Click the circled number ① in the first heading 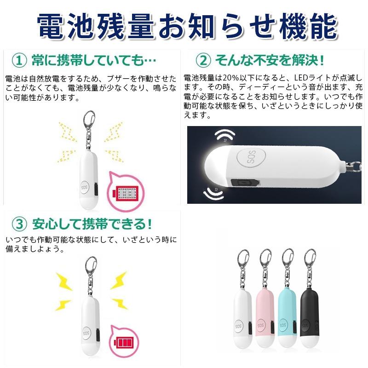[19, 60]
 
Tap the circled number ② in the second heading [203, 60]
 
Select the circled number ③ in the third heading [19, 224]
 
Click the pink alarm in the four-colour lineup [265, 299]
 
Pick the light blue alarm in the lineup [287, 299]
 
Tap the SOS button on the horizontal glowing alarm [251, 158]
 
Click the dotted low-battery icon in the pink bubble [126, 194]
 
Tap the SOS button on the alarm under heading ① [85, 188]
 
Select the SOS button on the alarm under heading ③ [86, 333]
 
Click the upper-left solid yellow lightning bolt [64, 282]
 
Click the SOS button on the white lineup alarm [238, 326]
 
